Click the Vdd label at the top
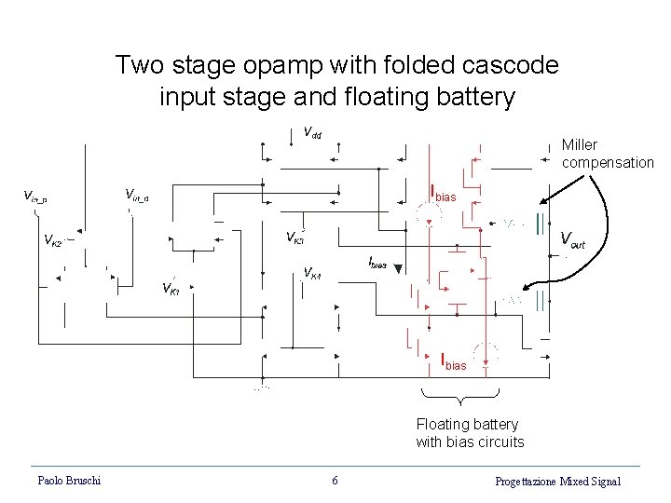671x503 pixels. tap(313, 132)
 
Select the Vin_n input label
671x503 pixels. tap(143, 194)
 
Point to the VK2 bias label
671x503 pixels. tap(53, 240)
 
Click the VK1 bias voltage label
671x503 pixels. tap(171, 288)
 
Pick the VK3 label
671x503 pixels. tap(294, 236)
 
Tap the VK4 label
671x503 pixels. tap(312, 274)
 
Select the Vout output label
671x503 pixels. tap(571, 240)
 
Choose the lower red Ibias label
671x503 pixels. tap(453, 362)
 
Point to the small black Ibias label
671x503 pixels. tap(377, 264)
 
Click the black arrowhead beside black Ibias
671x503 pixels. tap(398, 269)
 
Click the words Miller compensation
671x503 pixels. tap(607, 154)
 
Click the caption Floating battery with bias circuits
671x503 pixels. tap(470, 433)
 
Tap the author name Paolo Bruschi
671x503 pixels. tap(69, 481)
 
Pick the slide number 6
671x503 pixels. tap(335, 481)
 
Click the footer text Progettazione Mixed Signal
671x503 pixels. tap(557, 481)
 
